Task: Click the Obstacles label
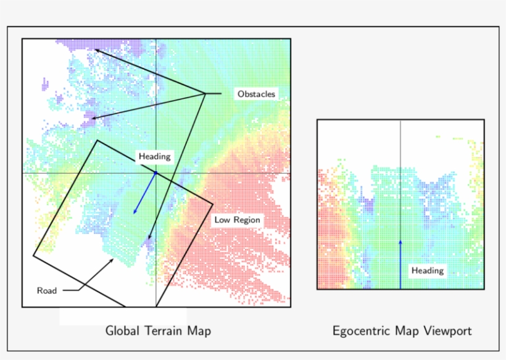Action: point(256,94)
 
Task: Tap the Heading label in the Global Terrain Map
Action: point(154,157)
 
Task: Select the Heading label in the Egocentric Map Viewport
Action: point(427,270)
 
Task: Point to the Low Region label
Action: point(237,220)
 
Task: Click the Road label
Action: point(47,290)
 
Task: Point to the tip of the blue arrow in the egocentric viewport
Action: point(400,240)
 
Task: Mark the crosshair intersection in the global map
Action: point(156,173)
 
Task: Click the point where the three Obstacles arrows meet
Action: point(205,93)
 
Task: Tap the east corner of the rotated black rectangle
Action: point(213,204)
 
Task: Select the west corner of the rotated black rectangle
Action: point(33,254)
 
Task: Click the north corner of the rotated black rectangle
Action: point(97,141)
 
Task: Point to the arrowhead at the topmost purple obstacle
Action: point(94,50)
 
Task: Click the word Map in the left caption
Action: point(201,331)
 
